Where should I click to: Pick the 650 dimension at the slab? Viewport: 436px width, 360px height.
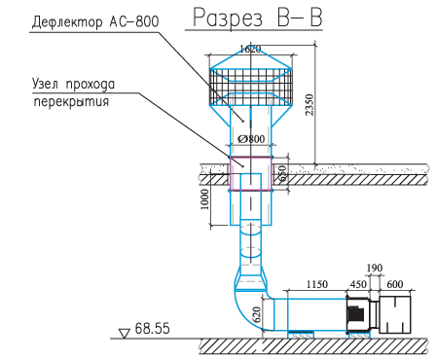283,173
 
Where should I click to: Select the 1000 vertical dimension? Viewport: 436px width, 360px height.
205,198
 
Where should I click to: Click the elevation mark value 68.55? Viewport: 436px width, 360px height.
154,329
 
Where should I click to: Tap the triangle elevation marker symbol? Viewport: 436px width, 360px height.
124,332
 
